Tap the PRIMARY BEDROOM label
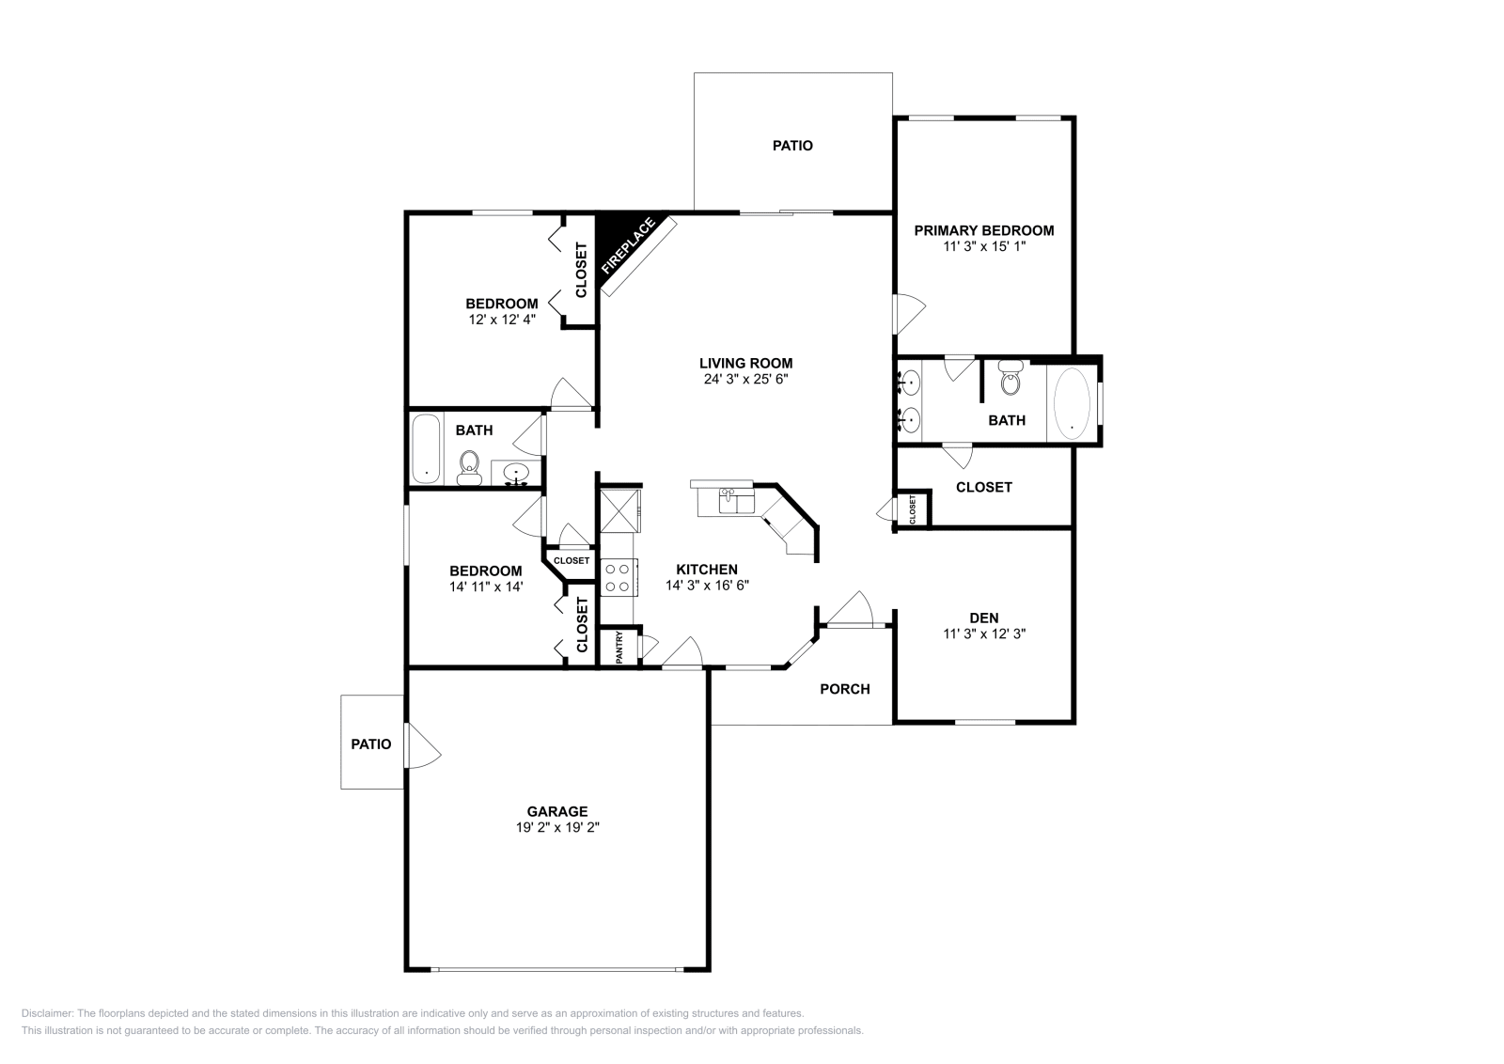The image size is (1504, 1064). coord(983,230)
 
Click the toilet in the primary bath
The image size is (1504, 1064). coord(1010,380)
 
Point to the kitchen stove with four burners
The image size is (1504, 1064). coord(619,576)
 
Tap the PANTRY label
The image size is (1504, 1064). coord(619,648)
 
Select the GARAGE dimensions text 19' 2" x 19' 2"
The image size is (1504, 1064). coord(557,828)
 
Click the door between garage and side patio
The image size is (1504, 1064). coord(420,744)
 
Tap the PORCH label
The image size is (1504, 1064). coord(844,689)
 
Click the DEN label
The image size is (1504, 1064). coord(983,618)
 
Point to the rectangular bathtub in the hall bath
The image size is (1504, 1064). coord(427,448)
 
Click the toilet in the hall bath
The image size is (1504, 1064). coord(469,467)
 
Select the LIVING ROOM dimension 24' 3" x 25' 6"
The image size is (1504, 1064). coord(745,380)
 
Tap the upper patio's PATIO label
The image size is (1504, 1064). coord(792,146)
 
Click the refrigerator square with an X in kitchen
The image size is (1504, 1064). coord(619,509)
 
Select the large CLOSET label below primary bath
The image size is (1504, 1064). coord(983,487)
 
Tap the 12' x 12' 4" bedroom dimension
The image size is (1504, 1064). coord(502,320)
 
